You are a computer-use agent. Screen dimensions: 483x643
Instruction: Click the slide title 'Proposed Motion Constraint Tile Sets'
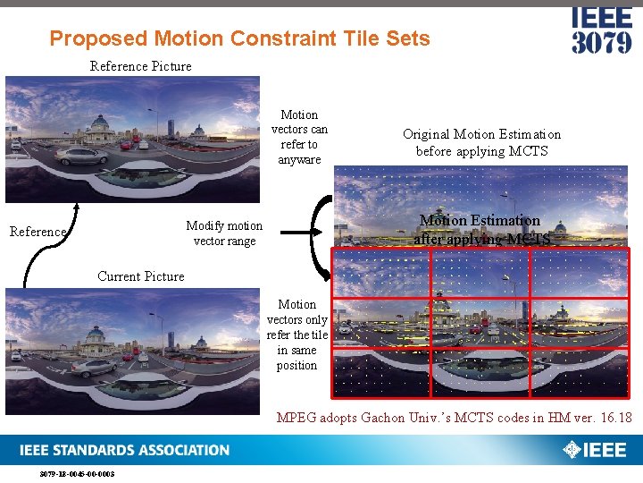[x=239, y=38]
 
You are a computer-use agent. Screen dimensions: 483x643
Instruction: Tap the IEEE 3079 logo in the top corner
[x=601, y=30]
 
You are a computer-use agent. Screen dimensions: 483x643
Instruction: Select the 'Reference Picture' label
[x=140, y=66]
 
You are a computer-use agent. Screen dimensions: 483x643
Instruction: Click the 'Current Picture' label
[x=141, y=276]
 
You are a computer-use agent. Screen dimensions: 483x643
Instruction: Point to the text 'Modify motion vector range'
[x=224, y=233]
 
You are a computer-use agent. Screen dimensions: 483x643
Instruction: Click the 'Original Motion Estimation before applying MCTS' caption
[x=481, y=142]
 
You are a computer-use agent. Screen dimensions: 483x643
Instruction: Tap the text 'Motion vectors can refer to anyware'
[x=299, y=137]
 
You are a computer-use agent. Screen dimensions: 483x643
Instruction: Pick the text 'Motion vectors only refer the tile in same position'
[x=297, y=335]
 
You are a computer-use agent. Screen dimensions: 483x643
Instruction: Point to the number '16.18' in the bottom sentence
[x=614, y=418]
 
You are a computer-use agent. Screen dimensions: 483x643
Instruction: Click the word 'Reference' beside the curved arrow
[x=38, y=232]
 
